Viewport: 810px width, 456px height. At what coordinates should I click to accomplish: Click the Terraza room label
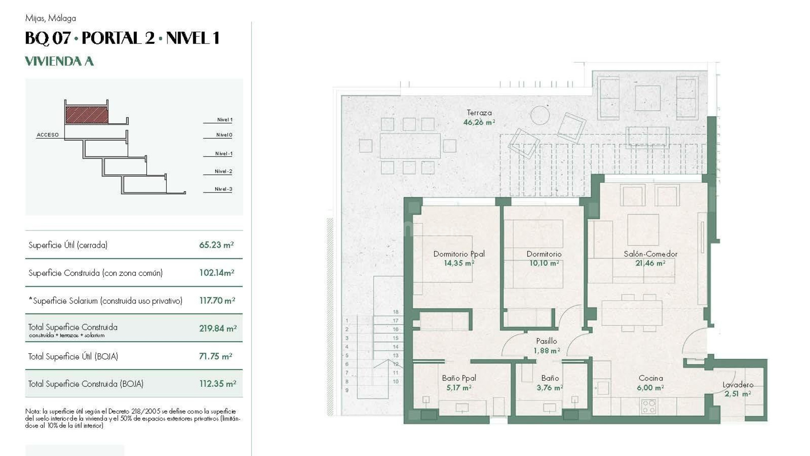(x=479, y=113)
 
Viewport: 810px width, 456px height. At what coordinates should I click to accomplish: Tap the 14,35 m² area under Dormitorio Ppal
(x=459, y=263)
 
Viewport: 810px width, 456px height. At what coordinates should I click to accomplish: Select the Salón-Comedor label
(x=650, y=254)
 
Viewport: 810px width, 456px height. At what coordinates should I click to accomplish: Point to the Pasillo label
(x=546, y=341)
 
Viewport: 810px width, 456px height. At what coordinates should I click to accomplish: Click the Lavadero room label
(x=737, y=385)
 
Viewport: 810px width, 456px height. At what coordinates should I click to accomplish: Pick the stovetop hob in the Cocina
(x=648, y=406)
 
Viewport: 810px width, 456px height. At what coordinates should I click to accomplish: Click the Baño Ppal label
(x=459, y=378)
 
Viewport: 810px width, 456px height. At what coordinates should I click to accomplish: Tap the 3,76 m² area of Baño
(x=549, y=388)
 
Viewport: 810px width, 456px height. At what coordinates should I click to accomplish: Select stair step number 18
(x=395, y=312)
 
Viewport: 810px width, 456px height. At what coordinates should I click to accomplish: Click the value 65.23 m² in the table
(x=216, y=245)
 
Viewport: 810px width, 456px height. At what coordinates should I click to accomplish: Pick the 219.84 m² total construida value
(x=218, y=328)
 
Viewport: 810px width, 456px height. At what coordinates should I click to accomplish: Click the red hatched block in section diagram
(x=87, y=115)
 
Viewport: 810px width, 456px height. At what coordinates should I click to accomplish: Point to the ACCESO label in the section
(x=48, y=135)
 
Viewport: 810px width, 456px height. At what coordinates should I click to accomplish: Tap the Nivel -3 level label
(x=223, y=189)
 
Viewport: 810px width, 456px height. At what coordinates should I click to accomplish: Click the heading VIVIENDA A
(x=59, y=61)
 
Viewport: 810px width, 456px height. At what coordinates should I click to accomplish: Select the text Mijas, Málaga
(x=51, y=18)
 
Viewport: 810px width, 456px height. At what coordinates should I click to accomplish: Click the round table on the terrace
(x=540, y=115)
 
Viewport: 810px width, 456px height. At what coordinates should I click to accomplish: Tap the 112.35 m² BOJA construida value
(x=217, y=384)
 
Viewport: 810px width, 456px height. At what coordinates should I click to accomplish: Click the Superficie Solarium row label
(x=105, y=301)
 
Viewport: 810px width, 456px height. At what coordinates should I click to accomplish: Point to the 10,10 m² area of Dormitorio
(x=544, y=263)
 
